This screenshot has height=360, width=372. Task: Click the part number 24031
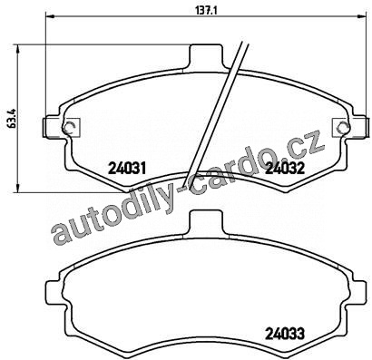[127, 168]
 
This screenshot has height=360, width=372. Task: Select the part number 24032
[285, 168]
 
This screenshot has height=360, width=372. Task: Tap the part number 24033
[285, 334]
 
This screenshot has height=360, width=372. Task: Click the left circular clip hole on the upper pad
[70, 126]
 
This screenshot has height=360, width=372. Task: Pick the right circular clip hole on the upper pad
[343, 126]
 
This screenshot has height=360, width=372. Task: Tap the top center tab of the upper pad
[206, 56]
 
